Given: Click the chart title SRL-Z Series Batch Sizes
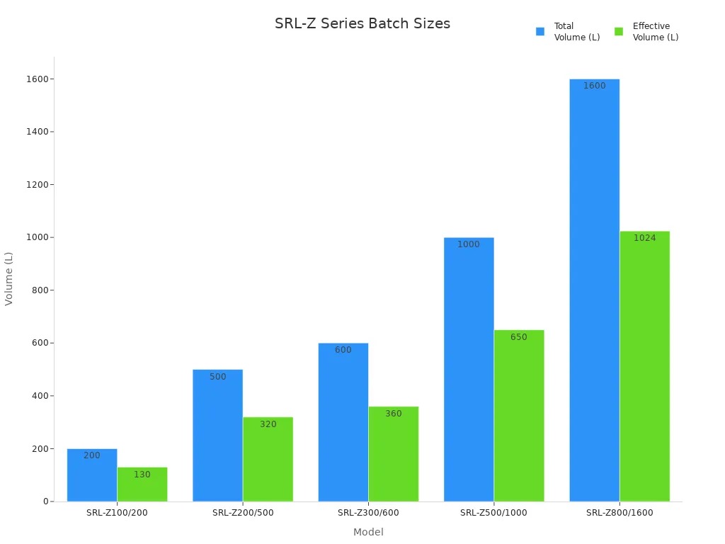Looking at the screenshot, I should tap(362, 23).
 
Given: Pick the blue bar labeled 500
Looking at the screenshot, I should tap(217, 435).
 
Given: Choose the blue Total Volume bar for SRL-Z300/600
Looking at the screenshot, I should tap(343, 422).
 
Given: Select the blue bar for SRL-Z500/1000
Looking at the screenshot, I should tap(469, 369).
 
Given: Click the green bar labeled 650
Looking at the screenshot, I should tap(519, 415).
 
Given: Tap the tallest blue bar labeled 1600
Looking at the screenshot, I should tap(594, 290).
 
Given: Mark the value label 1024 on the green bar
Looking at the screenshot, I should tap(644, 238).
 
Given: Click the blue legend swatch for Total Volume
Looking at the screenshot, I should tap(540, 32).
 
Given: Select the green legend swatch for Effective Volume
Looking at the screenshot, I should tap(619, 32).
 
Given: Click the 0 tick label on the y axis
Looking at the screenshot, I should tap(45, 501).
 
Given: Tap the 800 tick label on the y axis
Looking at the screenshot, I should tap(40, 290).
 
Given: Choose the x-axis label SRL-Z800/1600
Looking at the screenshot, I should tap(620, 513).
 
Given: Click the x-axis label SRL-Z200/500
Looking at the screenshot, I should tap(243, 513).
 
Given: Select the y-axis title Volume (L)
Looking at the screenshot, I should tap(9, 278).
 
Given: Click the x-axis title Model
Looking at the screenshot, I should tap(368, 532).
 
